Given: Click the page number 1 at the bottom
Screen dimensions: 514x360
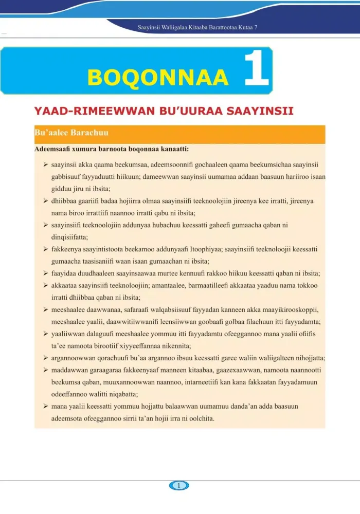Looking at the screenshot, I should click(179, 485).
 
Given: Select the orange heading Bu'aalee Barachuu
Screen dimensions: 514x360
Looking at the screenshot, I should click(71, 133).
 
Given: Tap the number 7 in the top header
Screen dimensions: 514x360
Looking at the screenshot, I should click(256, 26).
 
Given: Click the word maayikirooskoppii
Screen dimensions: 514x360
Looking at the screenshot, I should click(289, 309).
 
